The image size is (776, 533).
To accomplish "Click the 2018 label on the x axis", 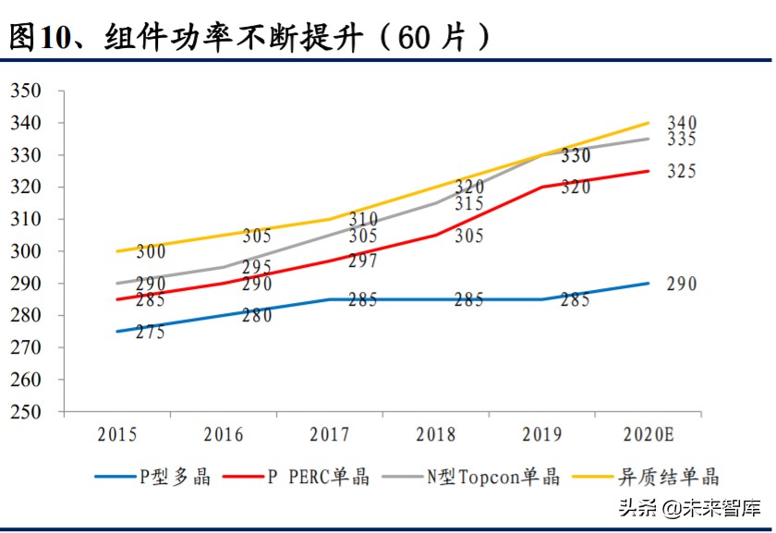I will tap(435, 435).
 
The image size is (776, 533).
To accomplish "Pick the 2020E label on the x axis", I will tap(648, 435).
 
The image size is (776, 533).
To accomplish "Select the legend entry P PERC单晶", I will tap(318, 477).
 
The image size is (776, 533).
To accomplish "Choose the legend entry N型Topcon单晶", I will tap(492, 477).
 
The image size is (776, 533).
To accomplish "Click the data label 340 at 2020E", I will tap(682, 123).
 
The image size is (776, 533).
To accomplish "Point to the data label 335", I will tap(682, 139).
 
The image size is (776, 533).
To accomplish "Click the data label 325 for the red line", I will tap(682, 172).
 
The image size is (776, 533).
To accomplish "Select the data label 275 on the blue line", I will tap(151, 332).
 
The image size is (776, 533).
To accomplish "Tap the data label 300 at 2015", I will tap(151, 252).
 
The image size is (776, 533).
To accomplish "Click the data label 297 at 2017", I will tap(363, 261).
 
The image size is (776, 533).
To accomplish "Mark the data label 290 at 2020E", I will tap(682, 285).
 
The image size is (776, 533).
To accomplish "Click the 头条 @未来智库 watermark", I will tap(688, 507).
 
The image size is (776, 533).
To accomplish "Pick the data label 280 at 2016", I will tap(257, 316).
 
